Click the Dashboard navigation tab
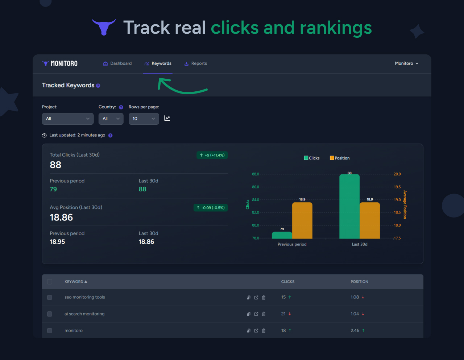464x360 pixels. click(117, 63)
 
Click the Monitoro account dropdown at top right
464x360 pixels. click(406, 63)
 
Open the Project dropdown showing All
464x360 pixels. click(67, 119)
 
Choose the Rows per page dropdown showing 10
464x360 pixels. click(144, 119)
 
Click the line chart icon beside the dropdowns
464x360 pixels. click(167, 119)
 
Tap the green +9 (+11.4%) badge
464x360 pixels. click(212, 155)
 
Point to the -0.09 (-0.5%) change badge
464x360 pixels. click(211, 208)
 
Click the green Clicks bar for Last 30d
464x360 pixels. click(349, 206)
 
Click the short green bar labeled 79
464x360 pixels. click(282, 235)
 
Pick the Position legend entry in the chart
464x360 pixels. click(340, 158)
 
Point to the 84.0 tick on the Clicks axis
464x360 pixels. click(256, 200)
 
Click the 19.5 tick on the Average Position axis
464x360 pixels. click(397, 187)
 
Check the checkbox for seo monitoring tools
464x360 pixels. click(50, 298)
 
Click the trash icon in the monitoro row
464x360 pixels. click(264, 331)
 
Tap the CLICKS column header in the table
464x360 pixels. click(288, 282)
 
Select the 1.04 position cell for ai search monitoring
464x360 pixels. click(355, 314)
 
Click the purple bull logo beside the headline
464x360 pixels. click(104, 27)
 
